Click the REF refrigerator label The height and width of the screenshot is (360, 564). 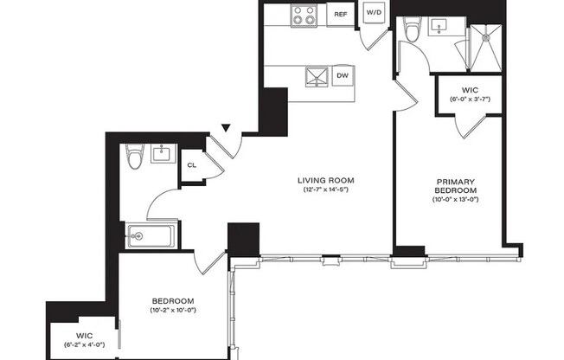[x=340, y=15]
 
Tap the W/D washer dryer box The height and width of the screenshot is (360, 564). [x=374, y=14]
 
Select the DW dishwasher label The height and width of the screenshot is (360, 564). [x=342, y=76]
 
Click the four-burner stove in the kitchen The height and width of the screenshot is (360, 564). [x=304, y=15]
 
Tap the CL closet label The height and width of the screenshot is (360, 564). [x=192, y=164]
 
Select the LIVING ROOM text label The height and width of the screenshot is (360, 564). [x=326, y=180]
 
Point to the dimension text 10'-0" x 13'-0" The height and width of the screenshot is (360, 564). [x=456, y=200]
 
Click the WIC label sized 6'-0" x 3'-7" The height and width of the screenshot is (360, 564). [x=471, y=89]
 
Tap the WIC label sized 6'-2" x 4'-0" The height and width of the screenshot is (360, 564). [x=84, y=334]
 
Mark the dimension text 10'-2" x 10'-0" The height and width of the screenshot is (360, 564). [x=174, y=310]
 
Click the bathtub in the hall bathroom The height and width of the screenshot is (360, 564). [x=152, y=235]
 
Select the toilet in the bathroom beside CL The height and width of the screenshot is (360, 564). [x=133, y=158]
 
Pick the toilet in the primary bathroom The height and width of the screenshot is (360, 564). [x=413, y=32]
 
